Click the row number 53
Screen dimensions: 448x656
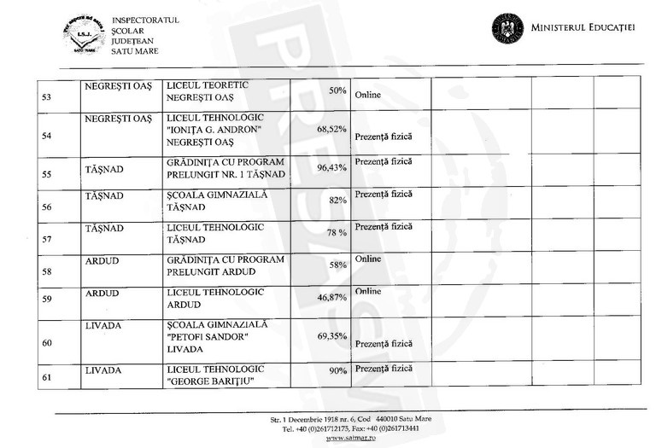pos(47,97)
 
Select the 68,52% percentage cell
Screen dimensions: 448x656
pos(331,129)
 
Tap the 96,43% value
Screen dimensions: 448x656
pos(331,168)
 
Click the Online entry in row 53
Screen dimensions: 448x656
pos(367,94)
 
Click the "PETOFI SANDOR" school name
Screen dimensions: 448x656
pos(208,336)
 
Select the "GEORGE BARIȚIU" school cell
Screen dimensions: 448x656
pos(208,381)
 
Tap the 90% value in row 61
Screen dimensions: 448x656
pos(338,371)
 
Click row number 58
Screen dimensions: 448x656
pos(47,272)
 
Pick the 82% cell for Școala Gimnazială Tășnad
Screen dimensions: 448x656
pos(337,200)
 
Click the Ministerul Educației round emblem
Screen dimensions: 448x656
pos(507,28)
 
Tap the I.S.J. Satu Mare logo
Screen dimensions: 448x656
pos(84,35)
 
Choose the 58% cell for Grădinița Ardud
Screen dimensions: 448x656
pos(337,265)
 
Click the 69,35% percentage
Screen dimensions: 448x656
pos(331,336)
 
